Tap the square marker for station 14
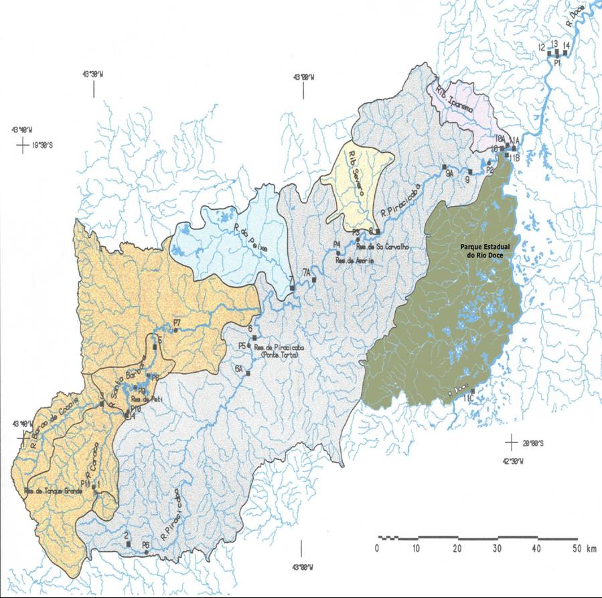click(x=565, y=53)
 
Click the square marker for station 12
click(x=548, y=53)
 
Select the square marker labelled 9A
click(x=443, y=166)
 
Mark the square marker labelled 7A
click(x=313, y=279)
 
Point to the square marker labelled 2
click(x=128, y=544)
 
